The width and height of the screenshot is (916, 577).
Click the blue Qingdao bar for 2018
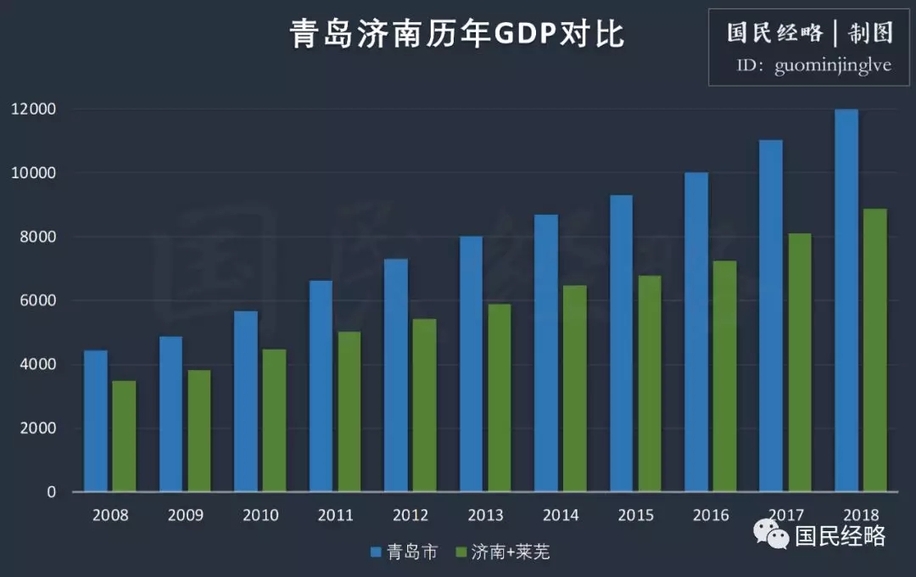pos(846,300)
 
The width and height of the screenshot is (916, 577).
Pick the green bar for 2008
pos(124,436)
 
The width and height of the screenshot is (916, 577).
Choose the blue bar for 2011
pos(321,385)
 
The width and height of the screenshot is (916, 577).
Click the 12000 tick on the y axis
pos(33,109)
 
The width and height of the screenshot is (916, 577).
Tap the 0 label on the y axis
pos(51,492)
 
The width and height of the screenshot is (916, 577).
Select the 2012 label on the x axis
pos(411,515)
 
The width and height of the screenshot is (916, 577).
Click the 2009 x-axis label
pos(185,515)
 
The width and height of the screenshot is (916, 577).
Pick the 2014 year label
pos(561,515)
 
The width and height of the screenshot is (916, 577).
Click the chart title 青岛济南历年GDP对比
pos(457,35)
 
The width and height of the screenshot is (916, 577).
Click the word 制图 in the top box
pos(870,33)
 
